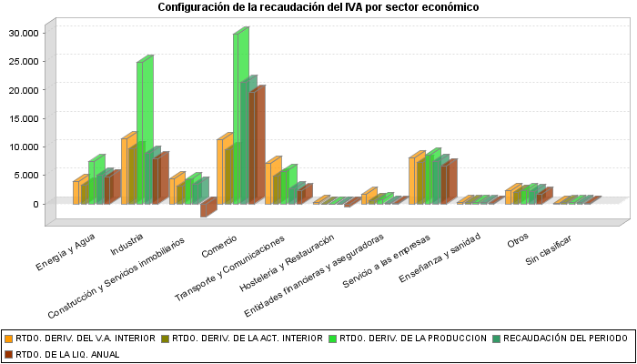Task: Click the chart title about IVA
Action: pos(318,7)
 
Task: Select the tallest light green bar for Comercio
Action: pos(238,118)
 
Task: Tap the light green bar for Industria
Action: pos(141,132)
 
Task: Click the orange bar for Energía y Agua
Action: pos(77,192)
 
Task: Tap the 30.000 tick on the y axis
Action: pos(24,33)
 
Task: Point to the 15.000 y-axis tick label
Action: pos(24,118)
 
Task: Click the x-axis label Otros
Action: pos(518,239)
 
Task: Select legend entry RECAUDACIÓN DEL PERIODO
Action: pos(565,338)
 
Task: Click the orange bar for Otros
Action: pos(510,197)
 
